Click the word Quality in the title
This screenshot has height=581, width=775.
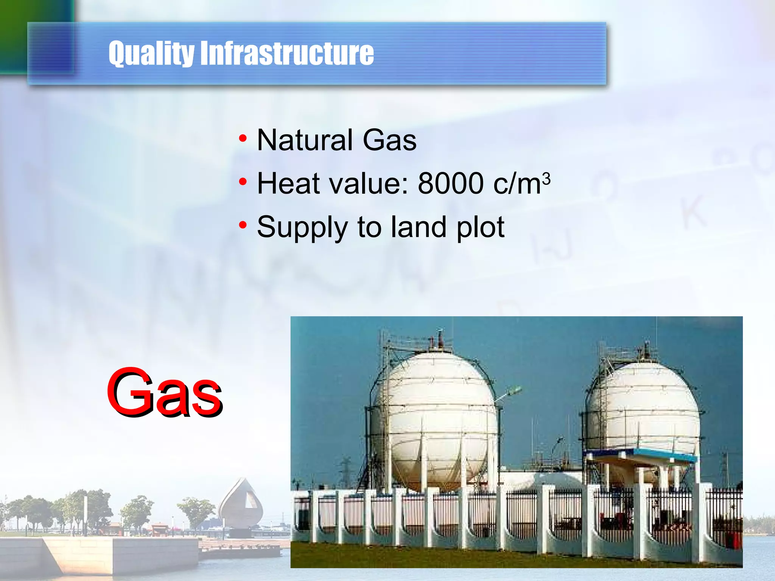coord(151,53)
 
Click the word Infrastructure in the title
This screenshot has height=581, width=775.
coord(287,53)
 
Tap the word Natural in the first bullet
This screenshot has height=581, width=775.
coord(304,140)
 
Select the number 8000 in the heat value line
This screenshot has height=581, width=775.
coord(450,183)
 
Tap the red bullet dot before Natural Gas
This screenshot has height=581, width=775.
coord(243,139)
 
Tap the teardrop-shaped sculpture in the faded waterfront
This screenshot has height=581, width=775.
coord(241,503)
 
